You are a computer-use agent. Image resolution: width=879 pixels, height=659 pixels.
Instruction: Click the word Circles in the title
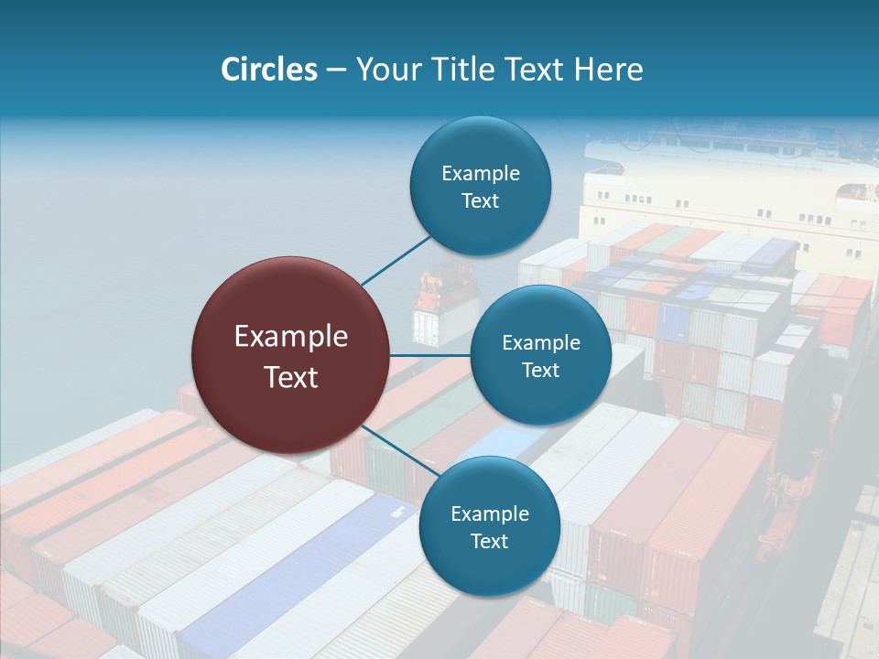click(268, 70)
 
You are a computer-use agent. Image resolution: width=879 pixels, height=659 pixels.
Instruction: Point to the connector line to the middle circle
click(430, 354)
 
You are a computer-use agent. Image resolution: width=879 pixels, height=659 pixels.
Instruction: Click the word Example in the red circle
click(291, 336)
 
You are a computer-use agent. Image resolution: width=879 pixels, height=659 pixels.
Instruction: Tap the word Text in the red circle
click(291, 377)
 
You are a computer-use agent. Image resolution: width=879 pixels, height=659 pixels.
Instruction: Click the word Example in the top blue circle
click(481, 173)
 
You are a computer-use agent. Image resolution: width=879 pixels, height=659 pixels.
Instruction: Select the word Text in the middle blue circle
click(540, 370)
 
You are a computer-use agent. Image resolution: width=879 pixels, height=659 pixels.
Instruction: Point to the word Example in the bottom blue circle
click(490, 513)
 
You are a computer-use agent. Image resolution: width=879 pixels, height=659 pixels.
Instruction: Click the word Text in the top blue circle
click(480, 200)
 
